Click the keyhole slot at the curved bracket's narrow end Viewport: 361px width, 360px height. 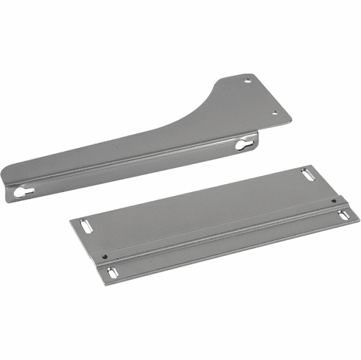[21, 192]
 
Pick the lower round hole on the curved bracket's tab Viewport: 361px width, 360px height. [275, 112]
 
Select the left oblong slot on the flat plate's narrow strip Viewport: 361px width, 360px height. [111, 273]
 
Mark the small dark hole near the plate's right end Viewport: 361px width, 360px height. [333, 200]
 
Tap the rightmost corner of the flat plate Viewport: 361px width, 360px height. [359, 216]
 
